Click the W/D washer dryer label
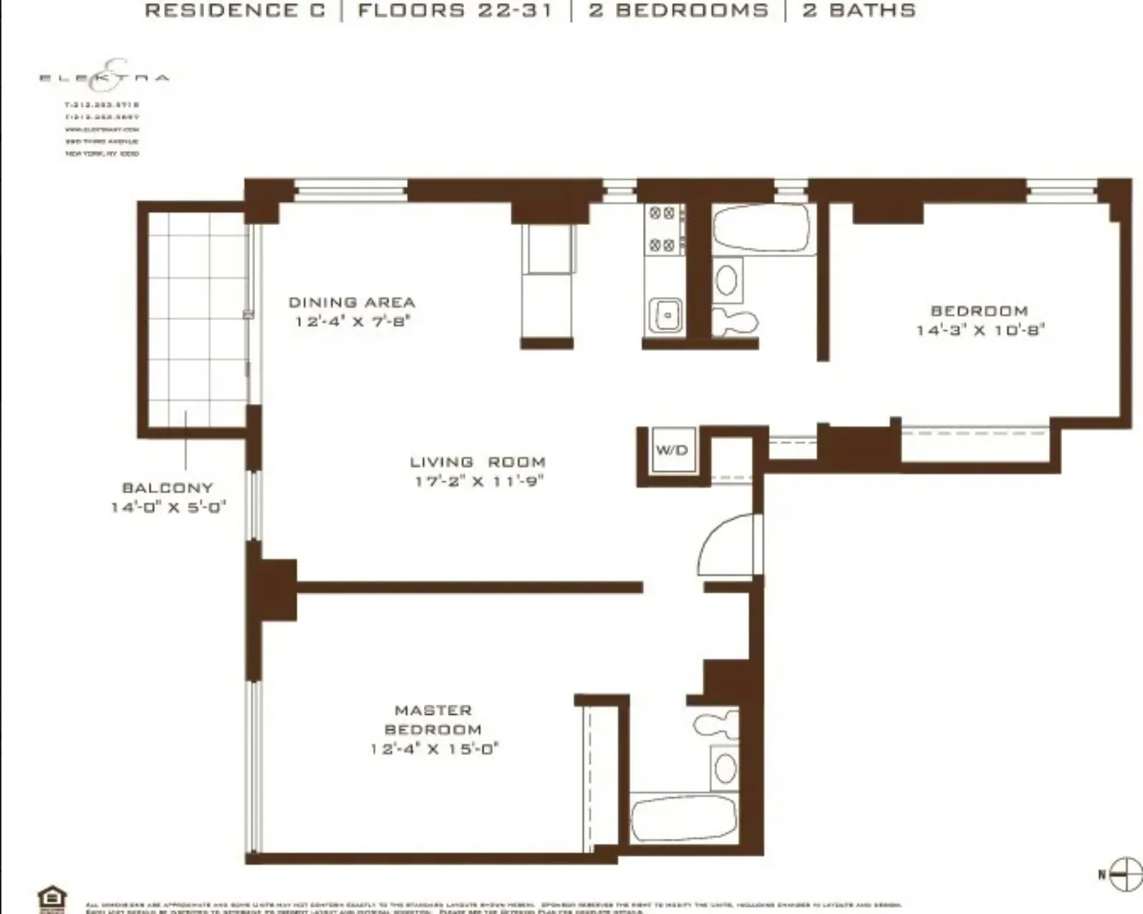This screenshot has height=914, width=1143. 672,451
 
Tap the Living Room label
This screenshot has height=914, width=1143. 477,463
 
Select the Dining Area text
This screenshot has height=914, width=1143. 352,303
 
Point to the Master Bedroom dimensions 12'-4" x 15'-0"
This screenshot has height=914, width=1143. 434,749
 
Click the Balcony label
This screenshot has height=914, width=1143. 168,489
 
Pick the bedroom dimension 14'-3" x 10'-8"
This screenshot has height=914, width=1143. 980,330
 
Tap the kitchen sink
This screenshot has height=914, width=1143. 665,314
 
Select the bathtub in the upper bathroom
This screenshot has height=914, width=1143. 762,228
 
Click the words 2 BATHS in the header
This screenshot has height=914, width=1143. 859,11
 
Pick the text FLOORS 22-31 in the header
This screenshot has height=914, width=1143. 455,11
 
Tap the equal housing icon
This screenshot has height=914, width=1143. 52,898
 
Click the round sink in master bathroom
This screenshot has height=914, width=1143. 725,769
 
